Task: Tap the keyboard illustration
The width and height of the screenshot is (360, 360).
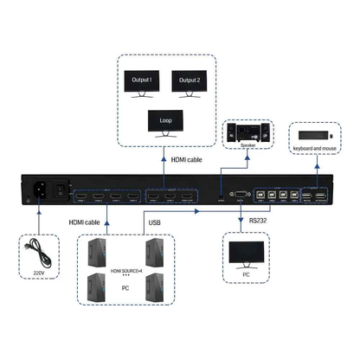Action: point(308,137)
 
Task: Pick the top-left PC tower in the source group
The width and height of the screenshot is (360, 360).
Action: point(98,252)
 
